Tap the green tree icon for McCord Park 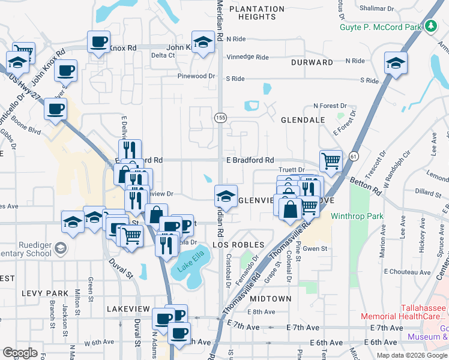pos(430,26)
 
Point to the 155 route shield pos(221,119)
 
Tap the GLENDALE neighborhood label pos(303,120)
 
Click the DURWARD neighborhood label pos(312,62)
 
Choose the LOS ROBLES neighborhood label pos(238,245)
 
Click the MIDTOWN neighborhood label pos(271,298)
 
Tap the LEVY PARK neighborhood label pos(43,293)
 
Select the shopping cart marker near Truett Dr pos(331,161)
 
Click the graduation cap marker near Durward pos(396,62)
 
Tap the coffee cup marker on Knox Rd pos(99,42)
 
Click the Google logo pos(20,353)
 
